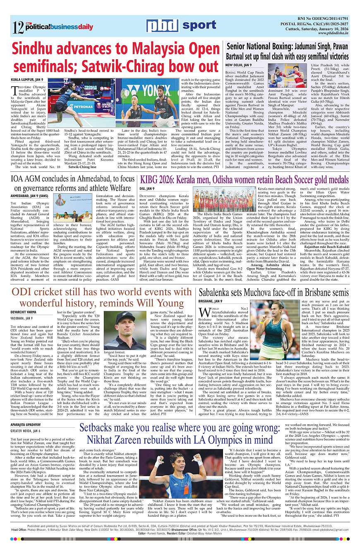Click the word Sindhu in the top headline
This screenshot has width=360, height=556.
click(34, 50)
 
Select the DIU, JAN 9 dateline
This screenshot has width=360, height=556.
click(147, 189)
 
